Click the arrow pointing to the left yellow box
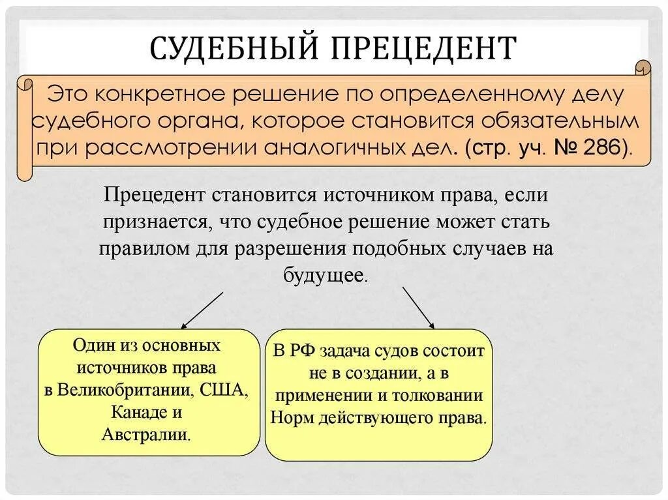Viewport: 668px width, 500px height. (x=202, y=310)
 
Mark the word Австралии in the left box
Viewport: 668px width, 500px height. (x=145, y=434)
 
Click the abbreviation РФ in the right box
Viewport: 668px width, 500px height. (x=303, y=351)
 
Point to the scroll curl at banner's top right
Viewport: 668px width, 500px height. (x=643, y=68)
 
